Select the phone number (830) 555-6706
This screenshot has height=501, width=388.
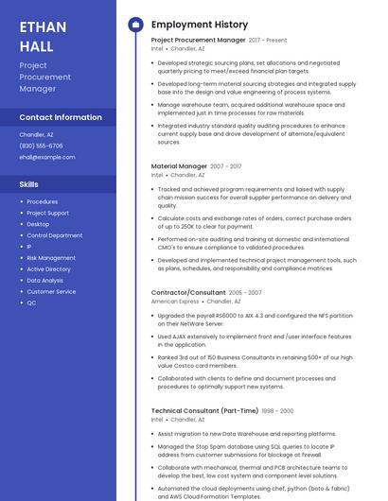point(42,146)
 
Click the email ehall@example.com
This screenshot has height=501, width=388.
point(47,157)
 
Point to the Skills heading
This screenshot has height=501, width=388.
point(29,183)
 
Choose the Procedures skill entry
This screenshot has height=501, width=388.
point(43,201)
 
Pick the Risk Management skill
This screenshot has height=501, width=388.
point(51,258)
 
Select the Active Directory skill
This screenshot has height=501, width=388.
point(48,269)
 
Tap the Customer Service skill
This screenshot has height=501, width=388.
point(51,292)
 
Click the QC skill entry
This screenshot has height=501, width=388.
point(31,302)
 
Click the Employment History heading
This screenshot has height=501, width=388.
point(200,25)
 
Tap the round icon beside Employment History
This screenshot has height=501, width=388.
point(134,25)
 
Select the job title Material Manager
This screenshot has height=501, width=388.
point(179,166)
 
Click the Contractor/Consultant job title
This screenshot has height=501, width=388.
point(188,293)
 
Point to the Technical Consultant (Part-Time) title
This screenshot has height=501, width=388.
point(204,411)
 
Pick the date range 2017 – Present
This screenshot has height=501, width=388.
point(268,41)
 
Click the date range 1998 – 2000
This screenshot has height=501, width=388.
point(278,411)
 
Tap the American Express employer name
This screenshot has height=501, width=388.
point(175,302)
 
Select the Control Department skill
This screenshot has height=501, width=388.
point(54,235)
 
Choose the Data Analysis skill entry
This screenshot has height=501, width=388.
point(45,281)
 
